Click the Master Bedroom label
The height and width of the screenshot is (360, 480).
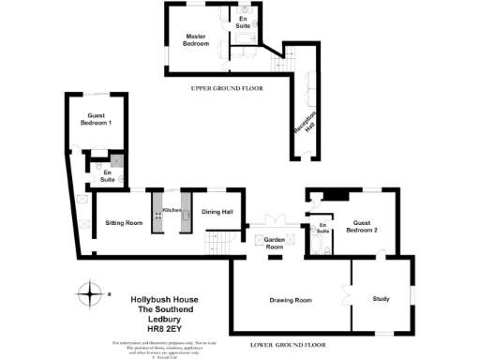[195, 39]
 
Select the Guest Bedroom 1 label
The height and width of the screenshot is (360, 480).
[94, 120]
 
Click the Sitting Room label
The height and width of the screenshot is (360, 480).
[124, 223]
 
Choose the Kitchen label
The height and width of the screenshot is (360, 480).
[172, 210]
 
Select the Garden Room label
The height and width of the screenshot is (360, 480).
[274, 244]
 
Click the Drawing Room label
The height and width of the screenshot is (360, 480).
[291, 300]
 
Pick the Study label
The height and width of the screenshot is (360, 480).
[381, 299]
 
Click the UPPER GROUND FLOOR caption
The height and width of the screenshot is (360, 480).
[226, 88]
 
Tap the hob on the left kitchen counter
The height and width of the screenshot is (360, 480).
[157, 215]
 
